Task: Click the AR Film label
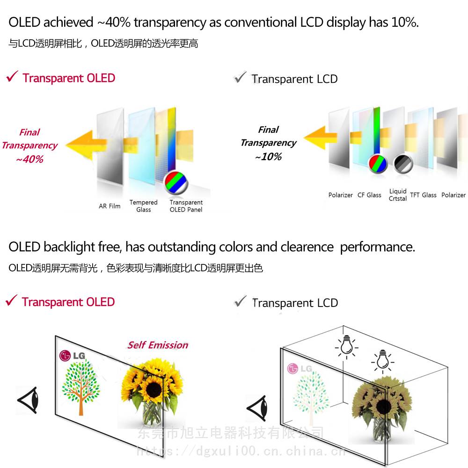click(x=110, y=206)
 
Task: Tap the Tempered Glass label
click(x=143, y=206)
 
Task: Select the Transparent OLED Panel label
click(x=186, y=206)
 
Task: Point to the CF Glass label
click(x=369, y=195)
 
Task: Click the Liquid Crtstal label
click(x=398, y=195)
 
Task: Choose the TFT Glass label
click(x=423, y=195)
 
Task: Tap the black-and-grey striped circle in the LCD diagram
click(x=403, y=164)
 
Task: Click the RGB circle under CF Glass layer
click(x=378, y=164)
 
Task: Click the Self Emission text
click(x=158, y=345)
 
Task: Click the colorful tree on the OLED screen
click(x=81, y=388)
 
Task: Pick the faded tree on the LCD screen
click(x=309, y=395)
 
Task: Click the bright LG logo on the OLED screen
click(x=72, y=356)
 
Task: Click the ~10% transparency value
click(x=268, y=157)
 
